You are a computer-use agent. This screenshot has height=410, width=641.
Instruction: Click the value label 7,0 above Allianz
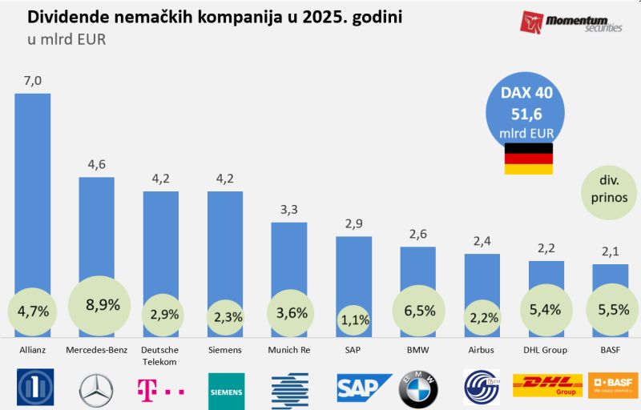33,80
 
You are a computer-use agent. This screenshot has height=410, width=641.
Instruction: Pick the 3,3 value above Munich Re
289,209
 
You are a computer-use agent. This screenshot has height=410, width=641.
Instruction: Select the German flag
528,159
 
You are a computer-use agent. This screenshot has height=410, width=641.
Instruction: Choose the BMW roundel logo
417,388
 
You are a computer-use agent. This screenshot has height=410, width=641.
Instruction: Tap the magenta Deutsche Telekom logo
161,388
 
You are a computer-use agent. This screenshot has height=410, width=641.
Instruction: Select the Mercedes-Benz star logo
97,388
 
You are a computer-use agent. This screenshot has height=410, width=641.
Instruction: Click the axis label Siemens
225,350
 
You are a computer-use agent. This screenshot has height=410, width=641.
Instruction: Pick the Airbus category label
482,350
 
